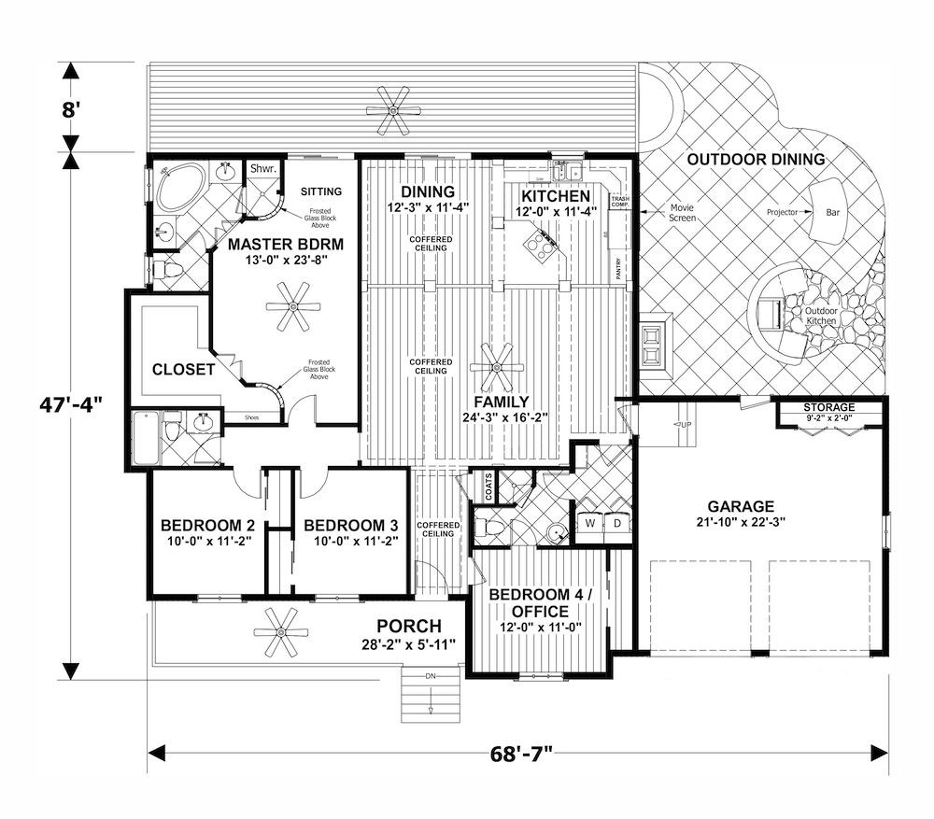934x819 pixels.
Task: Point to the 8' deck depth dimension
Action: point(69,107)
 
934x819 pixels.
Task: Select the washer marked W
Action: point(590,525)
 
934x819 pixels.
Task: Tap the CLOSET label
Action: point(184,370)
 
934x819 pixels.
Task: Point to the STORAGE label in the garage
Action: point(829,408)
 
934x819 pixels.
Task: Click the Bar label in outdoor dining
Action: point(832,212)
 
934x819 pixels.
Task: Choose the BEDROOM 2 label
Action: point(202,525)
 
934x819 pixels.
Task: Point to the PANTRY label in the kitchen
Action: point(617,268)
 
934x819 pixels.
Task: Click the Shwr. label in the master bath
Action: point(260,168)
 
